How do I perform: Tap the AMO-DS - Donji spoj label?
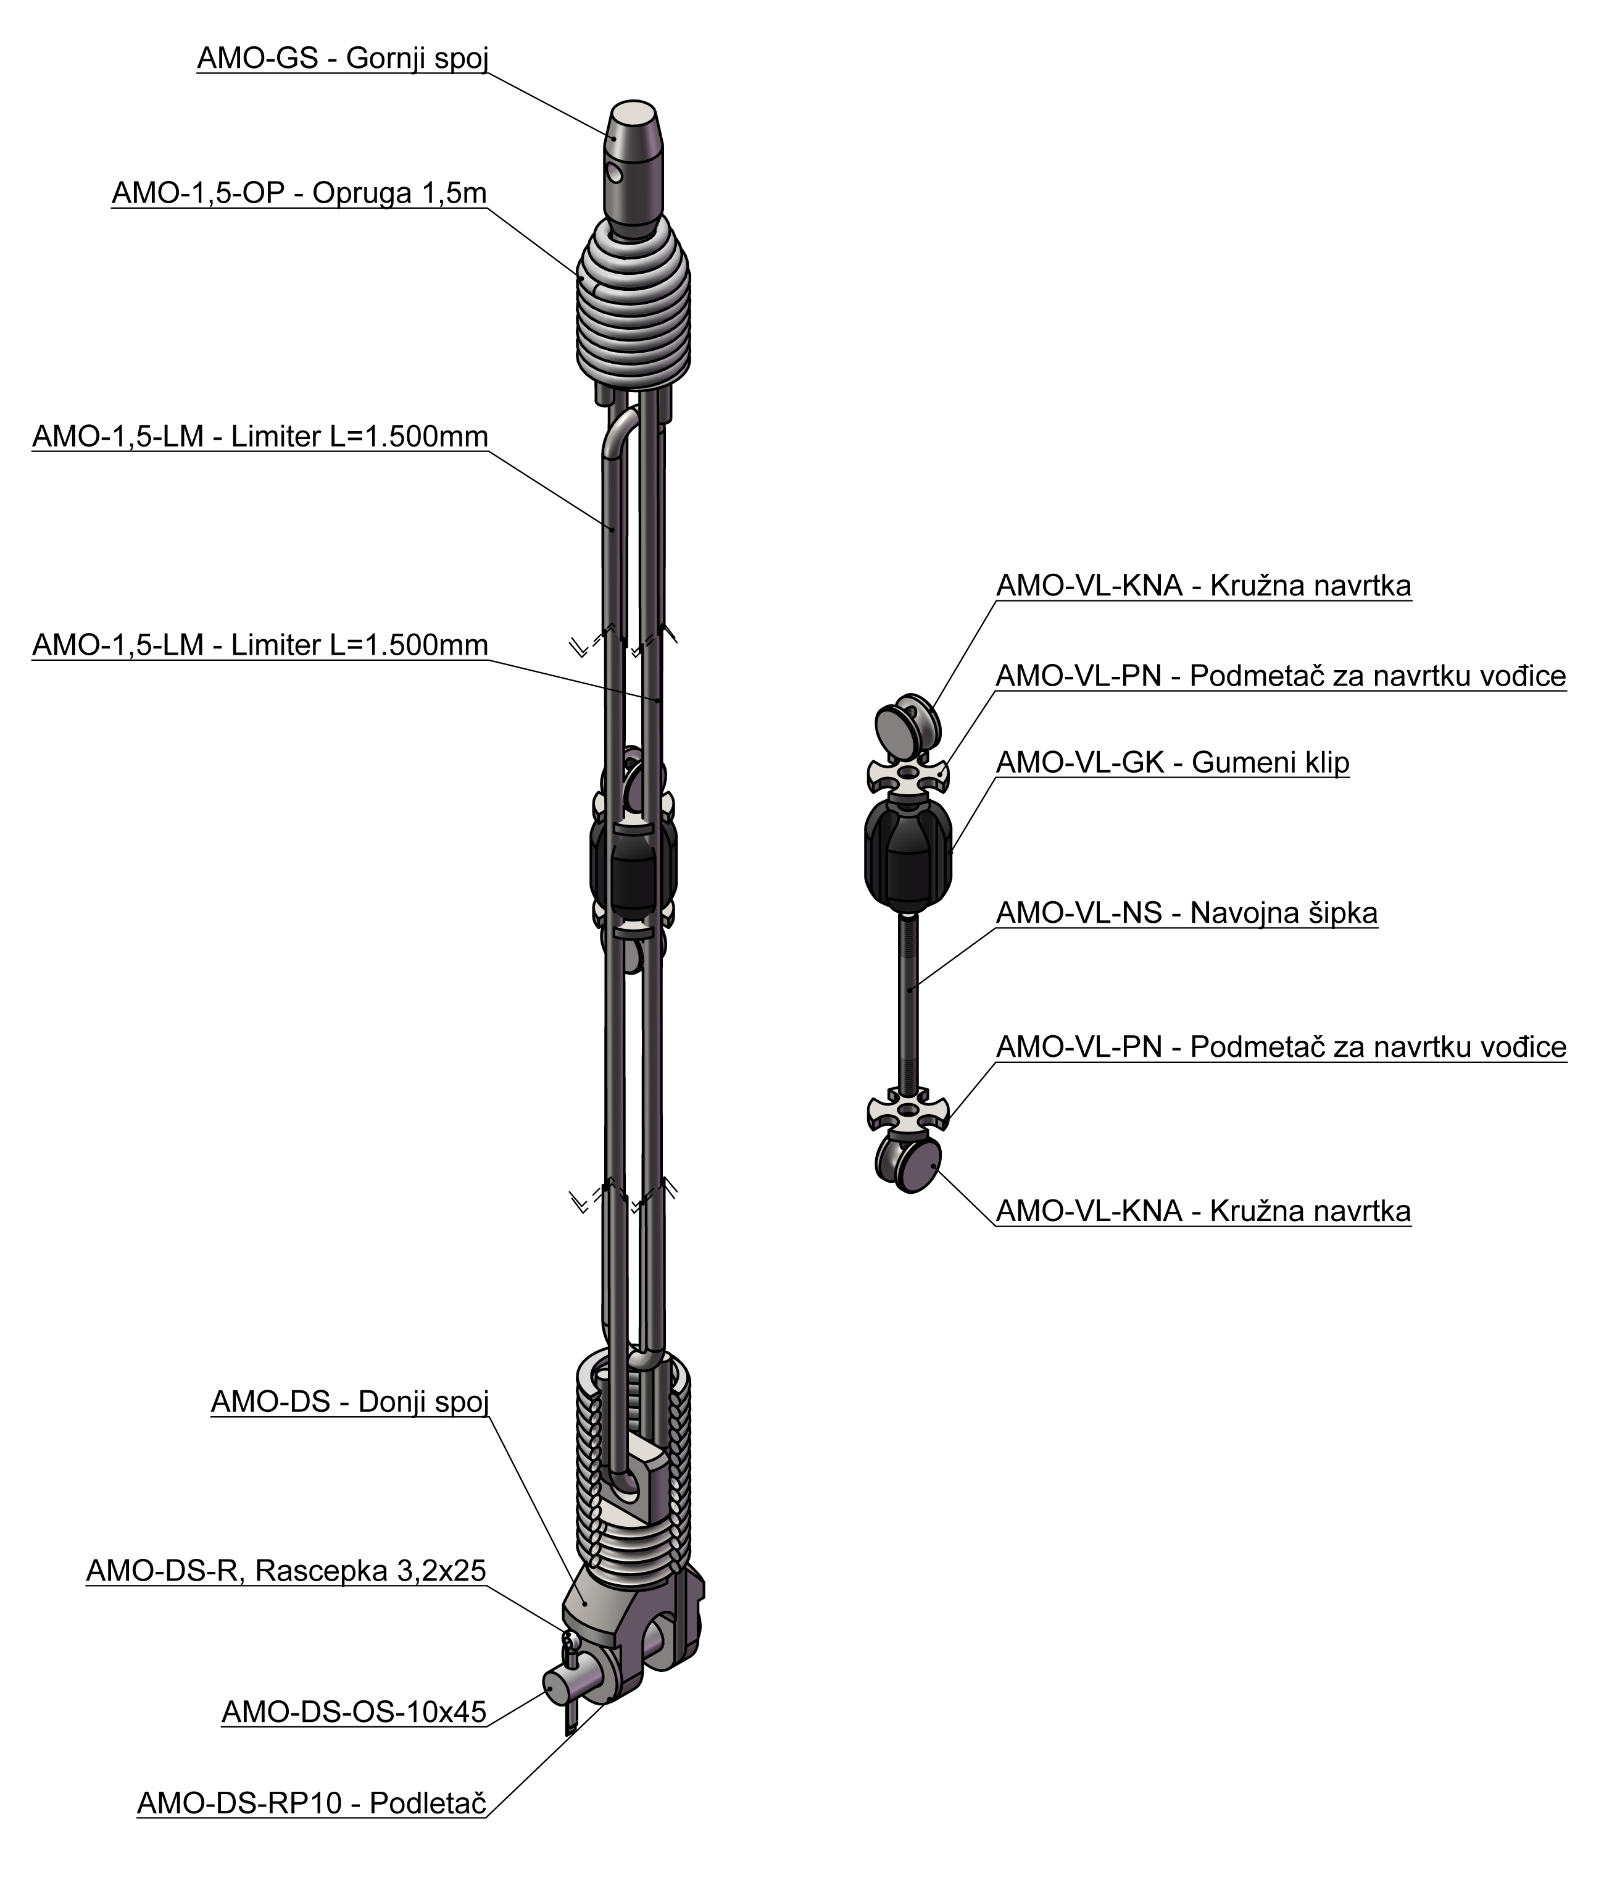350,1402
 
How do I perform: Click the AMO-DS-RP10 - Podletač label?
312,1802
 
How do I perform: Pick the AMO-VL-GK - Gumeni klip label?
1173,762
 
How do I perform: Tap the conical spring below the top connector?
634,304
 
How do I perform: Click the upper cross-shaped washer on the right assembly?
907,775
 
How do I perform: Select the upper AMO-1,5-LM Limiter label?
260,436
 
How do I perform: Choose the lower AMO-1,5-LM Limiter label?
260,645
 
